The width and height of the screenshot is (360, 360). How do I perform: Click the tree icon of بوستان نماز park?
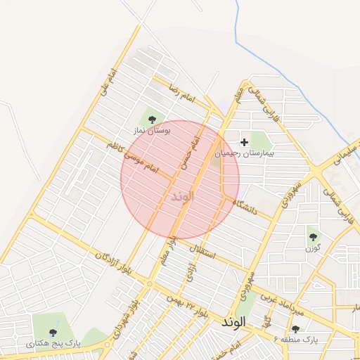pyautogui.click(x=152, y=120)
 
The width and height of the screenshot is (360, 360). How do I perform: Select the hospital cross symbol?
pyautogui.click(x=244, y=142)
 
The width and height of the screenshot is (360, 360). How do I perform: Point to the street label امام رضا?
pyautogui.click(x=180, y=94)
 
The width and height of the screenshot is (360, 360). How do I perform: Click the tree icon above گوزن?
pyautogui.click(x=313, y=236)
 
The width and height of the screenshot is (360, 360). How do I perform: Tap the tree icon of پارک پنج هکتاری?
pyautogui.click(x=53, y=332)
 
